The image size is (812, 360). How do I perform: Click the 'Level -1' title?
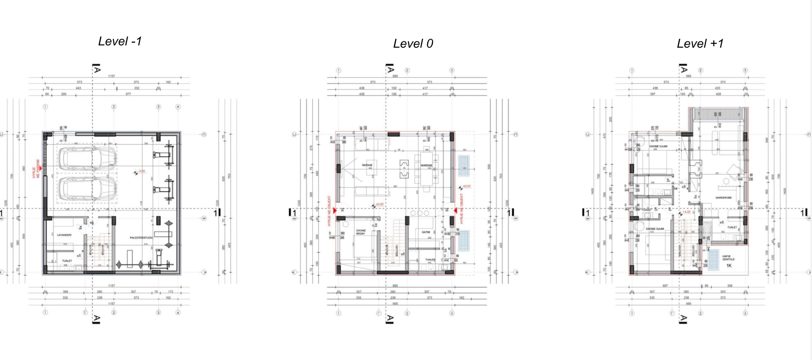point(120,41)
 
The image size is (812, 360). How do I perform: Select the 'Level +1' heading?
point(700,44)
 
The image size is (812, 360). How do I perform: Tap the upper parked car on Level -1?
point(87,159)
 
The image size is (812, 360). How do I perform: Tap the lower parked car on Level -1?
point(87,189)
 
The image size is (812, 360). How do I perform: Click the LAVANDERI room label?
point(64,235)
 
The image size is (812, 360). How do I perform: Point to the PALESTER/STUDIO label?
point(141,238)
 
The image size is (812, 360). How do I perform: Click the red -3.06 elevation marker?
point(142,171)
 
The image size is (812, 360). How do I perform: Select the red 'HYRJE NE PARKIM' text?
point(36,168)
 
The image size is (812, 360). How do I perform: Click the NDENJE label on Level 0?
point(367,165)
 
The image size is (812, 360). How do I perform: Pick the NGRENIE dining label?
point(426,165)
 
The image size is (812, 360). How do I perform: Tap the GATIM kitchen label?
point(426,232)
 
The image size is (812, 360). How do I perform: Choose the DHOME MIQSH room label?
point(361,232)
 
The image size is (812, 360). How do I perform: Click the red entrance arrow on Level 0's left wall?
point(335,211)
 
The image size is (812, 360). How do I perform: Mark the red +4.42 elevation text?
point(687,212)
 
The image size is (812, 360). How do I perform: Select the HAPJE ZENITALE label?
point(728,258)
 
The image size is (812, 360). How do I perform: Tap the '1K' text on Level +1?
point(728,266)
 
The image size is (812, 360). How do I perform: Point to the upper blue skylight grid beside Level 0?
point(464,166)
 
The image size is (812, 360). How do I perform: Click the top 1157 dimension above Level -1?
point(111,76)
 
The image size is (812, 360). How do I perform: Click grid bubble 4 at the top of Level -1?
point(178,107)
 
